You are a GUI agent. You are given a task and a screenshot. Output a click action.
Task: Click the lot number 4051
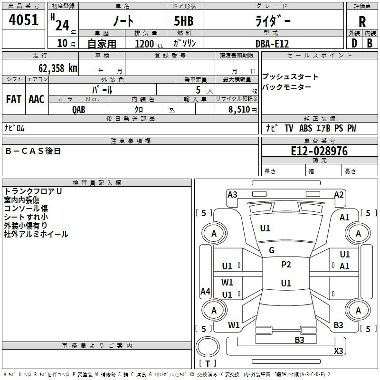[24, 20]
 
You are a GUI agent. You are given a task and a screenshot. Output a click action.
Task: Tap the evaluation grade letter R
[362, 21]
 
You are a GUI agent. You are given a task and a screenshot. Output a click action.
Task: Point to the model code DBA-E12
[272, 43]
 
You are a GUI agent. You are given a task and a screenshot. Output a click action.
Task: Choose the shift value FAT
[14, 99]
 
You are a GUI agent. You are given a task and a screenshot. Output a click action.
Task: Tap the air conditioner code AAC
[37, 99]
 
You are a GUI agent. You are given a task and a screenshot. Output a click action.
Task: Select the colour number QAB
[79, 109]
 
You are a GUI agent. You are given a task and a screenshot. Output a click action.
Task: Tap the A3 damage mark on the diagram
[232, 194]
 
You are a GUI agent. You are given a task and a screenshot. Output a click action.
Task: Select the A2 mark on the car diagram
[339, 194]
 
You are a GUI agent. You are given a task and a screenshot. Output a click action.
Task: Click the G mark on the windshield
[272, 250]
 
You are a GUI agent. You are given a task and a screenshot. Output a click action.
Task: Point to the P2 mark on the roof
[286, 265]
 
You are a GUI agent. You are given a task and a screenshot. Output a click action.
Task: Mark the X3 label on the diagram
[338, 351]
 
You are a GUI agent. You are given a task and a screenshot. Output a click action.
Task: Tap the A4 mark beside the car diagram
[205, 292]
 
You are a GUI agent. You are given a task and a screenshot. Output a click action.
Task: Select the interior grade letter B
[370, 43]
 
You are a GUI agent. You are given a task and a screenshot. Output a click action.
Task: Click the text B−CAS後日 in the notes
[33, 151]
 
